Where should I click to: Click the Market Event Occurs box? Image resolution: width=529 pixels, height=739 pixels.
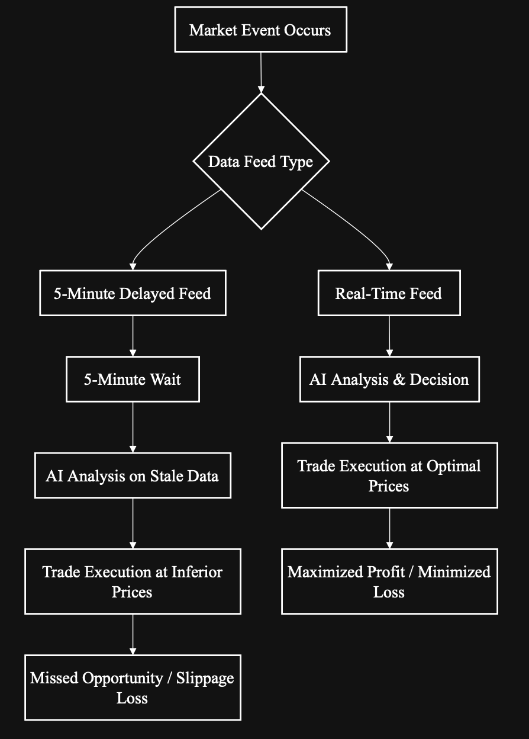tap(260, 30)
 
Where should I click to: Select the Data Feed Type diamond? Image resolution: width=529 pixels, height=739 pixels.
tap(260, 161)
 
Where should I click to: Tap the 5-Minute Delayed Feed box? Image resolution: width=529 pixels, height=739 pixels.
tap(133, 293)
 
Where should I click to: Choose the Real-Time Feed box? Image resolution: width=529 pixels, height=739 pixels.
tap(389, 293)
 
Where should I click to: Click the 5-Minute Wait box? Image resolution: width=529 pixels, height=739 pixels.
tap(133, 379)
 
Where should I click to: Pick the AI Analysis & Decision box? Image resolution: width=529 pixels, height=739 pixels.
tap(389, 379)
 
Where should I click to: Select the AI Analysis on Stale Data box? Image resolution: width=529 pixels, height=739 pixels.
tap(133, 475)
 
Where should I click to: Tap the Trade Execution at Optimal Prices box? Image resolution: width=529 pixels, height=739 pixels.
tap(389, 475)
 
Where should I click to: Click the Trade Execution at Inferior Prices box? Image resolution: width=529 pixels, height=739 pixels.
tap(133, 581)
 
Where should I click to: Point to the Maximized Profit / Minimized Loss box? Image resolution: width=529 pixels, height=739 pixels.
tap(389, 581)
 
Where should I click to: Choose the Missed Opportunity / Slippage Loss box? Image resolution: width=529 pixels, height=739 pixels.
tap(133, 687)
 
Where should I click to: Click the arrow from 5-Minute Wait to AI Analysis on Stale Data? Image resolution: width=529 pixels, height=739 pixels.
tap(133, 426)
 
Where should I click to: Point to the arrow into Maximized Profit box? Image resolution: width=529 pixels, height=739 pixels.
tap(389, 528)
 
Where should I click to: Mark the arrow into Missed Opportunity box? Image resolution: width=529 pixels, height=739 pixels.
tap(133, 634)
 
